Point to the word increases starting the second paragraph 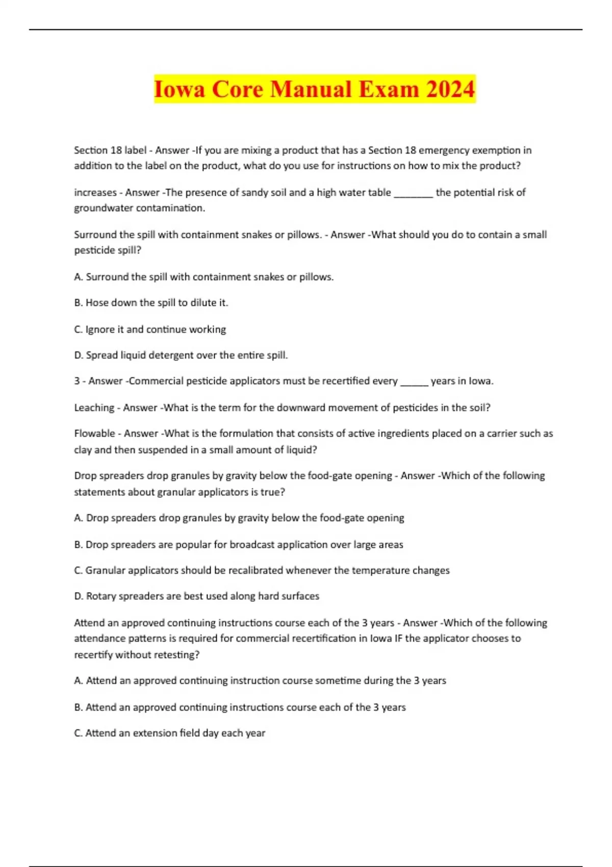tap(95, 193)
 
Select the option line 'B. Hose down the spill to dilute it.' tap(151, 303)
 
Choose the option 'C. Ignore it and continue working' tap(150, 329)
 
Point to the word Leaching tap(94, 408)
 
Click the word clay tap(83, 450)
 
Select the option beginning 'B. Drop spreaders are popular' tap(239, 545)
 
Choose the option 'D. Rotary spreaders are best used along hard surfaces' tap(197, 596)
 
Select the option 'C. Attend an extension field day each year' tap(170, 733)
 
